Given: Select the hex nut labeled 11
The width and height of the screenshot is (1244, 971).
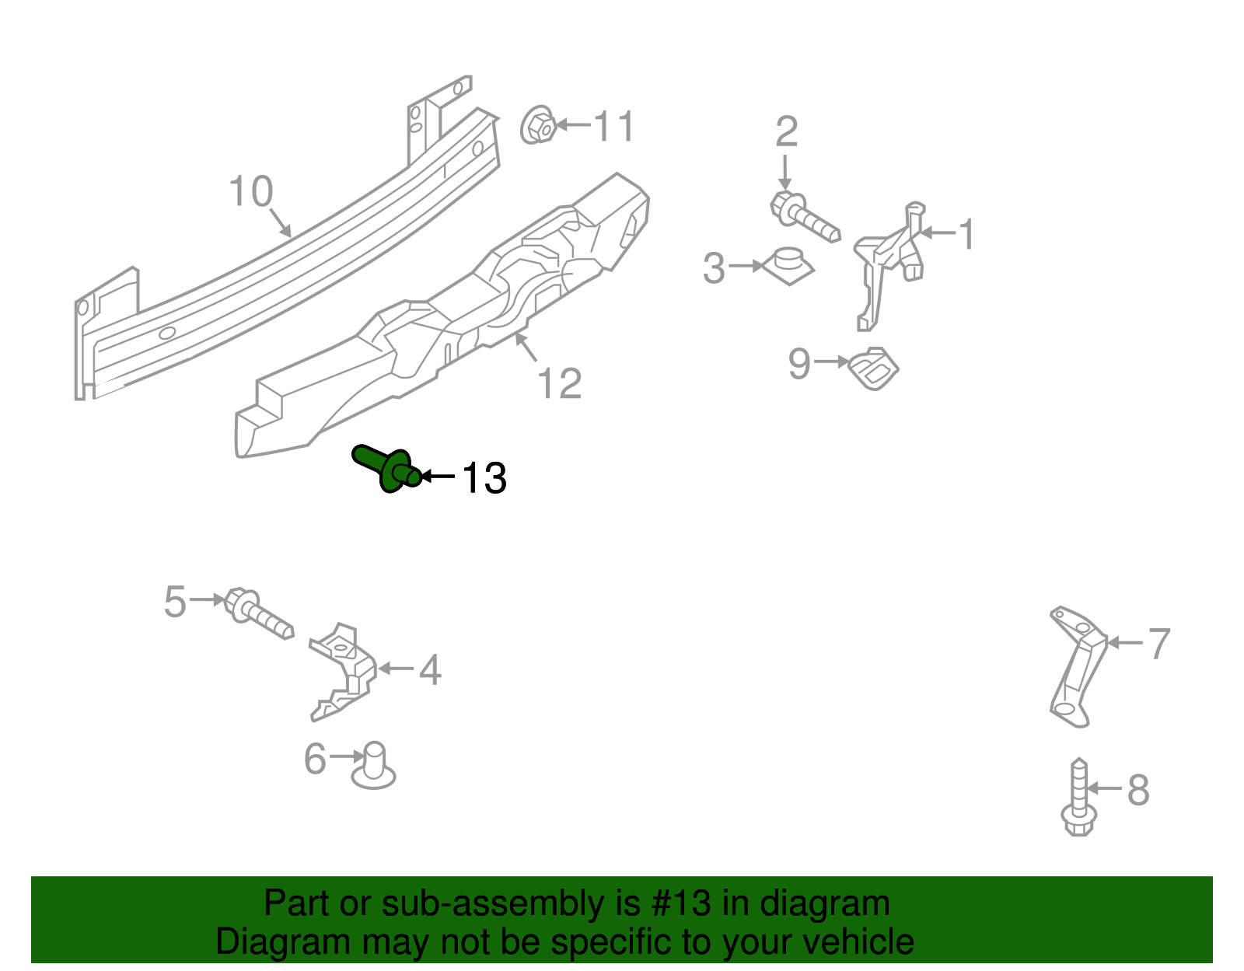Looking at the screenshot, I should pyautogui.click(x=537, y=125).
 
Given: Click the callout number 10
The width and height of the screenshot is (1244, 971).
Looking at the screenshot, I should pyautogui.click(x=250, y=191).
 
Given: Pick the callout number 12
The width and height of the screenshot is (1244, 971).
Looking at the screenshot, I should pyautogui.click(x=559, y=383).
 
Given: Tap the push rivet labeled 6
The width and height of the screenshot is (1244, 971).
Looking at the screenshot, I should pyautogui.click(x=374, y=765).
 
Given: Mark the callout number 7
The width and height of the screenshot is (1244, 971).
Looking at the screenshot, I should pyautogui.click(x=1158, y=644).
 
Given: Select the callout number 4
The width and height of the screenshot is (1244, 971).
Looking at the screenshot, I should pyautogui.click(x=430, y=669).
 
